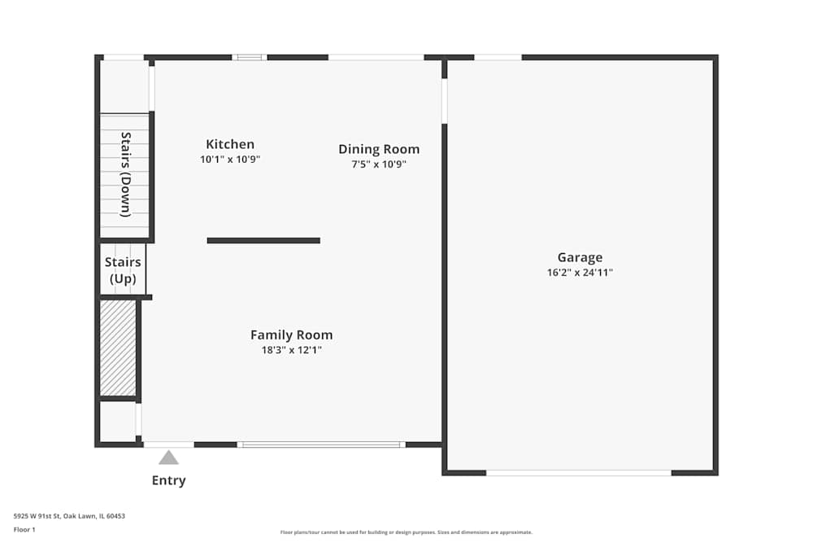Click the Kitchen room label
point(230,144)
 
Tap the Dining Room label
point(379,149)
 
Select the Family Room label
point(291,335)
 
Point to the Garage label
point(580,257)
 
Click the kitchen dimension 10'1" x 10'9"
point(230,160)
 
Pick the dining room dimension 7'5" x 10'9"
point(379,164)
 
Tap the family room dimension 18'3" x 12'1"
point(291,350)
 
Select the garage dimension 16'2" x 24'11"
point(580,273)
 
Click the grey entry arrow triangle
point(168,458)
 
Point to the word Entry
point(168,480)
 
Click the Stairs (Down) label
point(125,174)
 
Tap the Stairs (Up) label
point(123,270)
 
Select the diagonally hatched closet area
point(118,348)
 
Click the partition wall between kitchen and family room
point(263,240)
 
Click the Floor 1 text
point(24,529)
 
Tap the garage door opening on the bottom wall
point(578,472)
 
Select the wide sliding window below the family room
point(321,444)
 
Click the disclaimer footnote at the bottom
point(406,532)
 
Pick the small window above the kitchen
point(250,57)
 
